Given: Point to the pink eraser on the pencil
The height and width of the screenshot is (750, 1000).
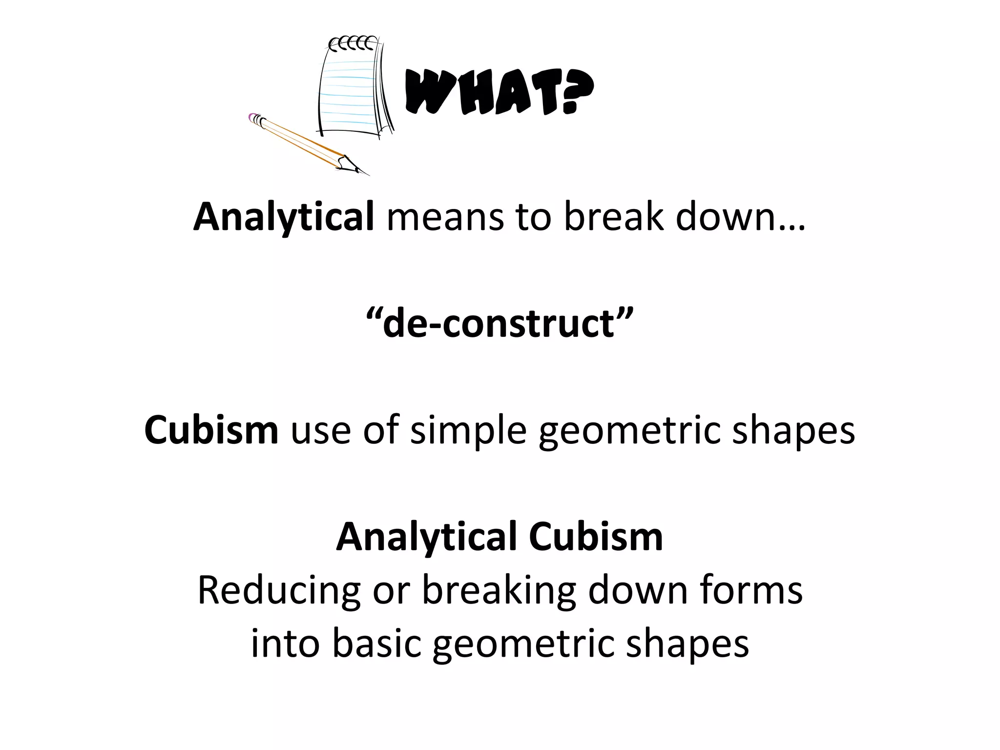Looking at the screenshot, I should click(x=253, y=118).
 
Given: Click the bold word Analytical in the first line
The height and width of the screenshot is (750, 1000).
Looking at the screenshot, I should click(x=283, y=217).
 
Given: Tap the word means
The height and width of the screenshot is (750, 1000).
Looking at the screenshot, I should click(x=444, y=217).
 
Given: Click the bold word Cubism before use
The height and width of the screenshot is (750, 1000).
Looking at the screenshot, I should click(x=211, y=430).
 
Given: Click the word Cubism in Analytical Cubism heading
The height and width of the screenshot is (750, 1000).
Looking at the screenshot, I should click(x=596, y=537).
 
